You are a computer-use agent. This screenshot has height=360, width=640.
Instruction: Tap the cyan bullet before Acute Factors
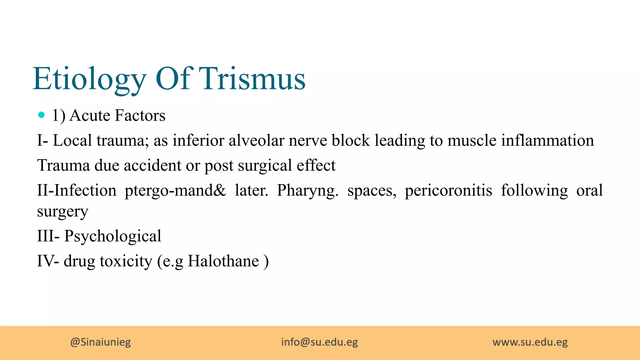pos(41,115)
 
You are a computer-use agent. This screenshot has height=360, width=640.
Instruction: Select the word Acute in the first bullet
pos(90,115)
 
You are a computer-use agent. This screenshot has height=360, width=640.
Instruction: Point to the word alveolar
pos(256,140)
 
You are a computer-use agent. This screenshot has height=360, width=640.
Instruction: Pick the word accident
pos(152,165)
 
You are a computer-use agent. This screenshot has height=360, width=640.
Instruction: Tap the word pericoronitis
pos(448,190)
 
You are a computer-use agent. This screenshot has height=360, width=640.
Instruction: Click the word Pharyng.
pos(307,191)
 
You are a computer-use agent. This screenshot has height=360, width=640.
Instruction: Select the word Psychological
pos(113,236)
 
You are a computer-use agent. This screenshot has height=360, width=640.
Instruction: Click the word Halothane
pos(223,261)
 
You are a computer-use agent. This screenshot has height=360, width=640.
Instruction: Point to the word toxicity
pos(126,261)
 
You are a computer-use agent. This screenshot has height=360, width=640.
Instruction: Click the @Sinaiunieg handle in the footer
pos(101,342)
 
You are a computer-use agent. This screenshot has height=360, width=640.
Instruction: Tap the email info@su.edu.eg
pos(319,342)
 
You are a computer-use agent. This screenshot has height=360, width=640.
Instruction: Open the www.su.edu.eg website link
pos(530,342)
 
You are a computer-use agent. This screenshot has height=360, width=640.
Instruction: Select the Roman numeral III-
pos(48,236)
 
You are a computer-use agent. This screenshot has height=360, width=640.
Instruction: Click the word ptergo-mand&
pos(175,190)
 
